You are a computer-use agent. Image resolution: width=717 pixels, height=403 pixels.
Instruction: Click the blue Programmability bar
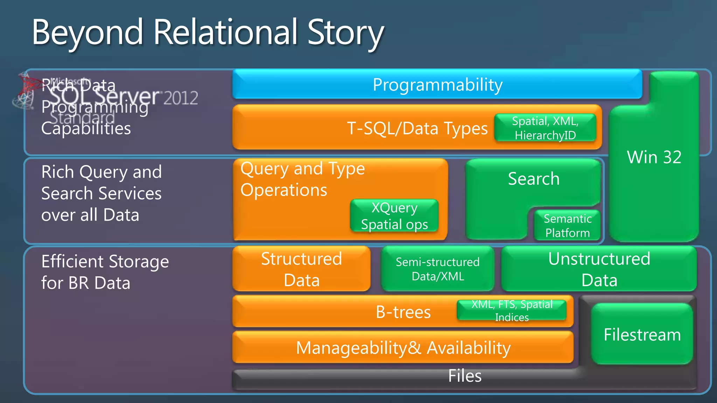pyautogui.click(x=437, y=85)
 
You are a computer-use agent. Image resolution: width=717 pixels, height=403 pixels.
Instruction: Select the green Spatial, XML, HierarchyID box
pyautogui.click(x=545, y=128)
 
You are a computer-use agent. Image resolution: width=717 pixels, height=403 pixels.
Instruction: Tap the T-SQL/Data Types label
pyautogui.click(x=417, y=128)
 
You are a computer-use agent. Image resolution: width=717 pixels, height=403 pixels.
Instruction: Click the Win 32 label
pyautogui.click(x=654, y=157)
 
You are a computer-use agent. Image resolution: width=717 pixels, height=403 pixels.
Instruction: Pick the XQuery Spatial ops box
pyautogui.click(x=394, y=216)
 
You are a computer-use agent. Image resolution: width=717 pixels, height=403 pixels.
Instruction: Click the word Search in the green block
pyautogui.click(x=534, y=179)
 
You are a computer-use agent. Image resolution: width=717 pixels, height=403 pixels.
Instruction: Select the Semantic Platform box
pyautogui.click(x=568, y=226)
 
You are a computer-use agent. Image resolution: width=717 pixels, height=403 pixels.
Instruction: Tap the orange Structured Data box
pyautogui.click(x=301, y=269)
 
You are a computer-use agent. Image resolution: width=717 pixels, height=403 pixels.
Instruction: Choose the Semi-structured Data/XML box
pyautogui.click(x=438, y=269)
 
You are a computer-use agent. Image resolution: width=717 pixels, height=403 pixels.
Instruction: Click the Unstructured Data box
pyautogui.click(x=599, y=269)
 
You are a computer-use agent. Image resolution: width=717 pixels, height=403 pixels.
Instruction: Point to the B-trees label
pyautogui.click(x=403, y=312)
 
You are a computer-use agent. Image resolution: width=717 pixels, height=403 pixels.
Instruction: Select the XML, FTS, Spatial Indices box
pyautogui.click(x=512, y=311)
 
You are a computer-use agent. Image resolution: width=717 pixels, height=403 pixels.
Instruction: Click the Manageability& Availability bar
pyautogui.click(x=403, y=348)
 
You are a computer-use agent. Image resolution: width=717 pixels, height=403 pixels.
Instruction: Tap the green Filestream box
pyautogui.click(x=642, y=334)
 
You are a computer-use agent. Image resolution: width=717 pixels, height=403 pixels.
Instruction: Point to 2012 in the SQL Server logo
pyautogui.click(x=181, y=98)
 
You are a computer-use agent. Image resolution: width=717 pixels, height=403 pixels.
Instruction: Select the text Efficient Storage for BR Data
pyautogui.click(x=105, y=272)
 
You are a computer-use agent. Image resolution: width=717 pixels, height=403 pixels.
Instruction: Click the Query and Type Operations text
pyautogui.click(x=302, y=179)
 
